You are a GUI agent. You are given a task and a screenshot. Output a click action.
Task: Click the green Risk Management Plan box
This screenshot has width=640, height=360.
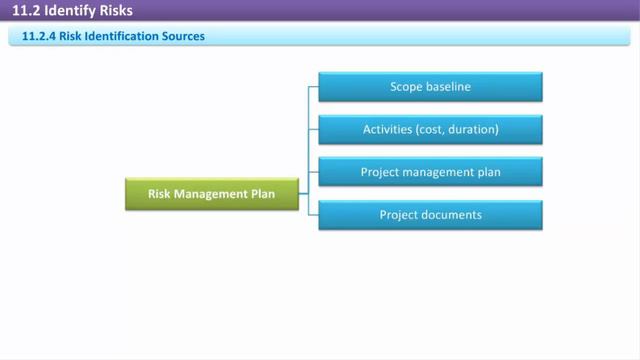(x=212, y=193)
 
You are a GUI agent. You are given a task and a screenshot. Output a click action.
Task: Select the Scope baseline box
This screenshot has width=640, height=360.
(x=430, y=87)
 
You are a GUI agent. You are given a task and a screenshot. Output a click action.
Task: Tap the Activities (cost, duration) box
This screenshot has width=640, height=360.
(x=430, y=130)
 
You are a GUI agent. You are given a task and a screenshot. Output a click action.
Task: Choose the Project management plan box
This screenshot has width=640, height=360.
(x=430, y=172)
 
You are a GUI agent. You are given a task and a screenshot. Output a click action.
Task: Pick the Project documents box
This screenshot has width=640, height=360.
(x=430, y=215)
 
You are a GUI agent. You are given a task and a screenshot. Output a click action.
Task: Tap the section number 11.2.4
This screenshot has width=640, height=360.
(x=38, y=37)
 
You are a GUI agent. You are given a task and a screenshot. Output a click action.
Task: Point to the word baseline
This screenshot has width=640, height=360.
(x=448, y=87)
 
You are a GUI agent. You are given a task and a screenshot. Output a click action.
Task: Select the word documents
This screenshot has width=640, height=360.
(x=450, y=215)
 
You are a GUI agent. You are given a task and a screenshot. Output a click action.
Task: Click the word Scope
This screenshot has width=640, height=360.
(x=406, y=87)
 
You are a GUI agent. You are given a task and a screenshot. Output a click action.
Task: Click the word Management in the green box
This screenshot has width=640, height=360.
(x=211, y=193)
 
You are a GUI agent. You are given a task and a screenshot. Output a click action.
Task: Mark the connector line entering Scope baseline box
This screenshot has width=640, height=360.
(x=313, y=86)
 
